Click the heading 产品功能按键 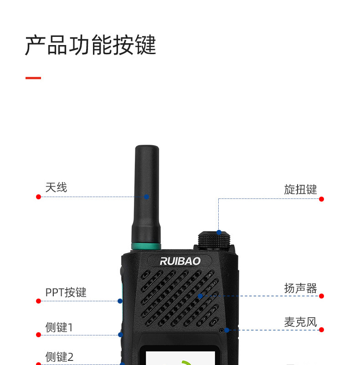[90, 45]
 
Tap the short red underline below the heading [33, 78]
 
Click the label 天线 [56, 187]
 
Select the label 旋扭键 [300, 189]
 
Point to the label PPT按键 [66, 292]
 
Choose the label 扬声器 [300, 288]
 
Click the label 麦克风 [300, 322]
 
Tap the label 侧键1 [59, 327]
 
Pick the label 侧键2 [59, 357]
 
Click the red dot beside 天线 [38, 197]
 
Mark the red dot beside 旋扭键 [321, 199]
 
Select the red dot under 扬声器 [321, 296]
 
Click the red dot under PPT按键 [38, 301]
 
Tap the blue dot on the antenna [147, 197]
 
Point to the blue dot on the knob [219, 232]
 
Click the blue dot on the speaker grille [200, 296]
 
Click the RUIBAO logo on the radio [180, 261]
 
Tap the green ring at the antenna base [146, 247]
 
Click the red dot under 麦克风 [321, 330]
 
